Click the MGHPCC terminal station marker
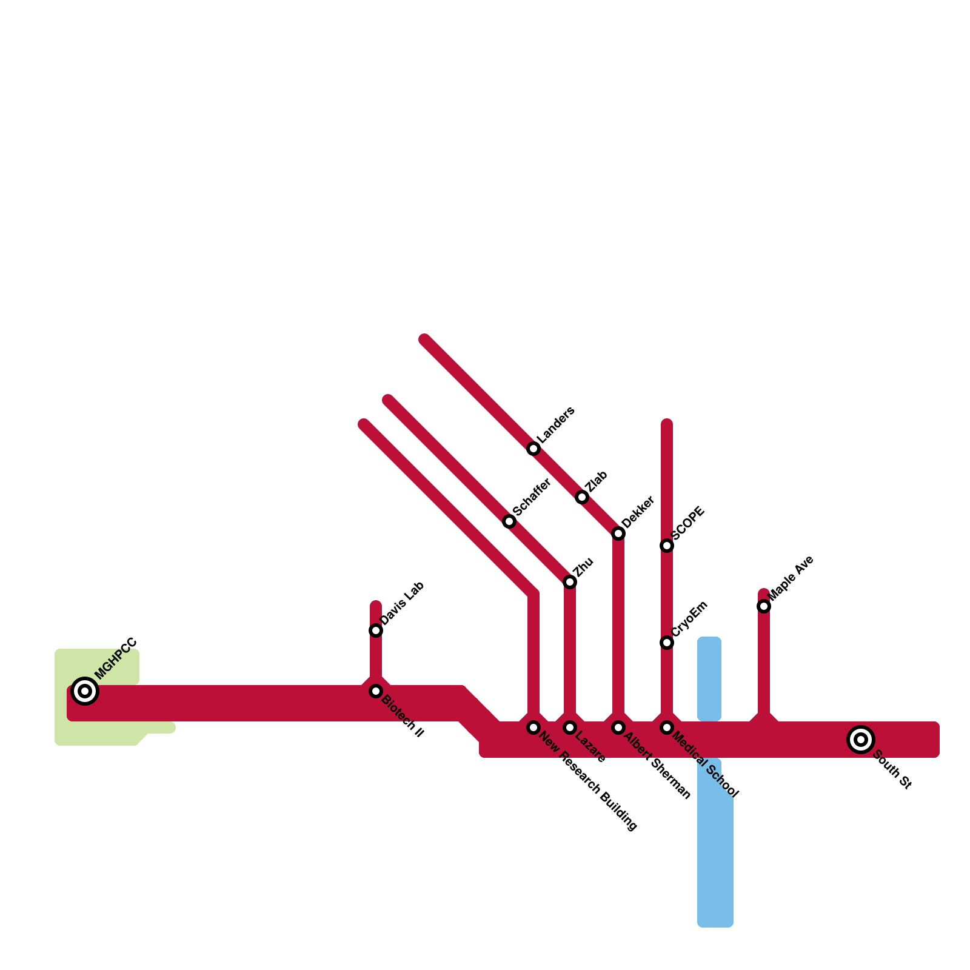tap(85, 691)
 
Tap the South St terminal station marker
tap(861, 740)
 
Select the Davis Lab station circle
tap(376, 630)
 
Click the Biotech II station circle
tap(376, 691)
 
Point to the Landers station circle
tap(533, 449)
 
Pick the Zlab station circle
tap(582, 497)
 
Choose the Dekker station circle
tap(618, 533)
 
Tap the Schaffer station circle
tap(509, 521)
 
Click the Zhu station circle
tap(570, 582)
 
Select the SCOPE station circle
tap(667, 546)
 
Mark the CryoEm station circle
tap(667, 643)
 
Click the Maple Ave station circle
tap(764, 606)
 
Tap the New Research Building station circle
tap(533, 727)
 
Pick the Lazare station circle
tap(570, 727)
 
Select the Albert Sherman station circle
tap(618, 727)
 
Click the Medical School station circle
tap(667, 727)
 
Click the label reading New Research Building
tap(588, 782)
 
